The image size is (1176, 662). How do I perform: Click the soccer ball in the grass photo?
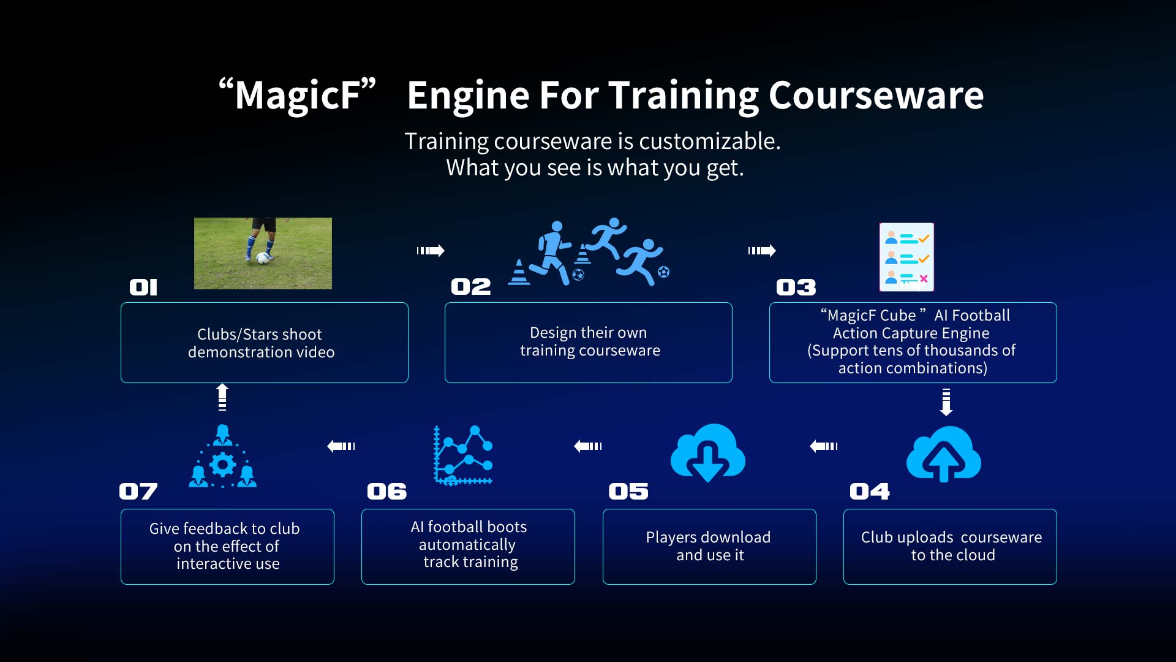pos(263,258)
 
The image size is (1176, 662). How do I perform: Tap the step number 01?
pos(143,287)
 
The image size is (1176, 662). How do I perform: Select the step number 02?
pos(471,287)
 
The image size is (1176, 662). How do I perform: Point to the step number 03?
pos(796,287)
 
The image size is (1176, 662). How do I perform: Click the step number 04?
pos(870,492)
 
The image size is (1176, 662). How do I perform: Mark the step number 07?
pos(138,492)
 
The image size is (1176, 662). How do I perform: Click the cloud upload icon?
pos(944,454)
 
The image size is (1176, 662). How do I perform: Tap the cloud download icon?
pos(708,453)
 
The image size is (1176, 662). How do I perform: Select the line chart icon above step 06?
pos(463,455)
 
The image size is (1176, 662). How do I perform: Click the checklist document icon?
pos(907,257)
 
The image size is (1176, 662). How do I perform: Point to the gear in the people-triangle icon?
pos(222,465)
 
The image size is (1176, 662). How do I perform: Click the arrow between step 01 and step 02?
pos(431,250)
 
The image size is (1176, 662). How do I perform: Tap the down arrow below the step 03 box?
pos(946,403)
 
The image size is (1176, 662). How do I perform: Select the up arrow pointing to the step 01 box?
pos(222,397)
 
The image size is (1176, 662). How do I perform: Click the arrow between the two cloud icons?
pos(824,446)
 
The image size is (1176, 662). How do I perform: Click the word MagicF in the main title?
pos(298,95)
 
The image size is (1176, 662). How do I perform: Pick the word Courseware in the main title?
pos(876,95)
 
